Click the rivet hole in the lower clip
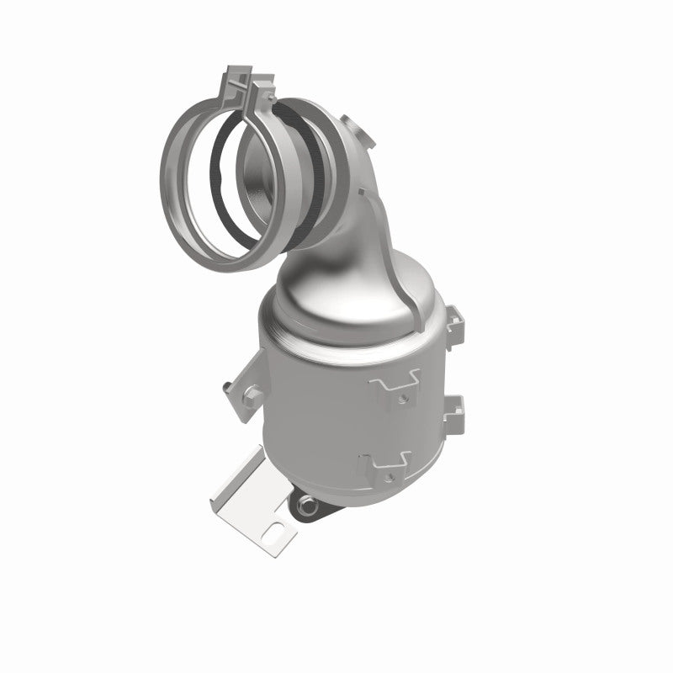(403, 469)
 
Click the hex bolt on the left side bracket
(227, 386)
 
